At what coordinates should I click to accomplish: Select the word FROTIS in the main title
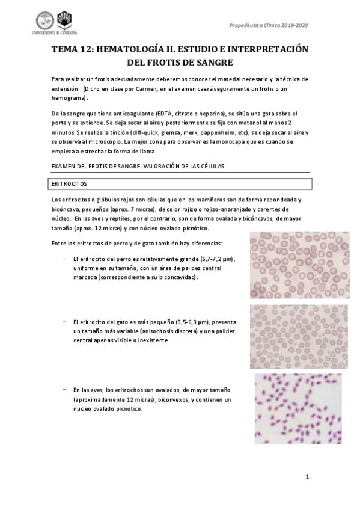pyautogui.click(x=162, y=62)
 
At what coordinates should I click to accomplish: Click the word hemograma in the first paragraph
pyautogui.click(x=69, y=97)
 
